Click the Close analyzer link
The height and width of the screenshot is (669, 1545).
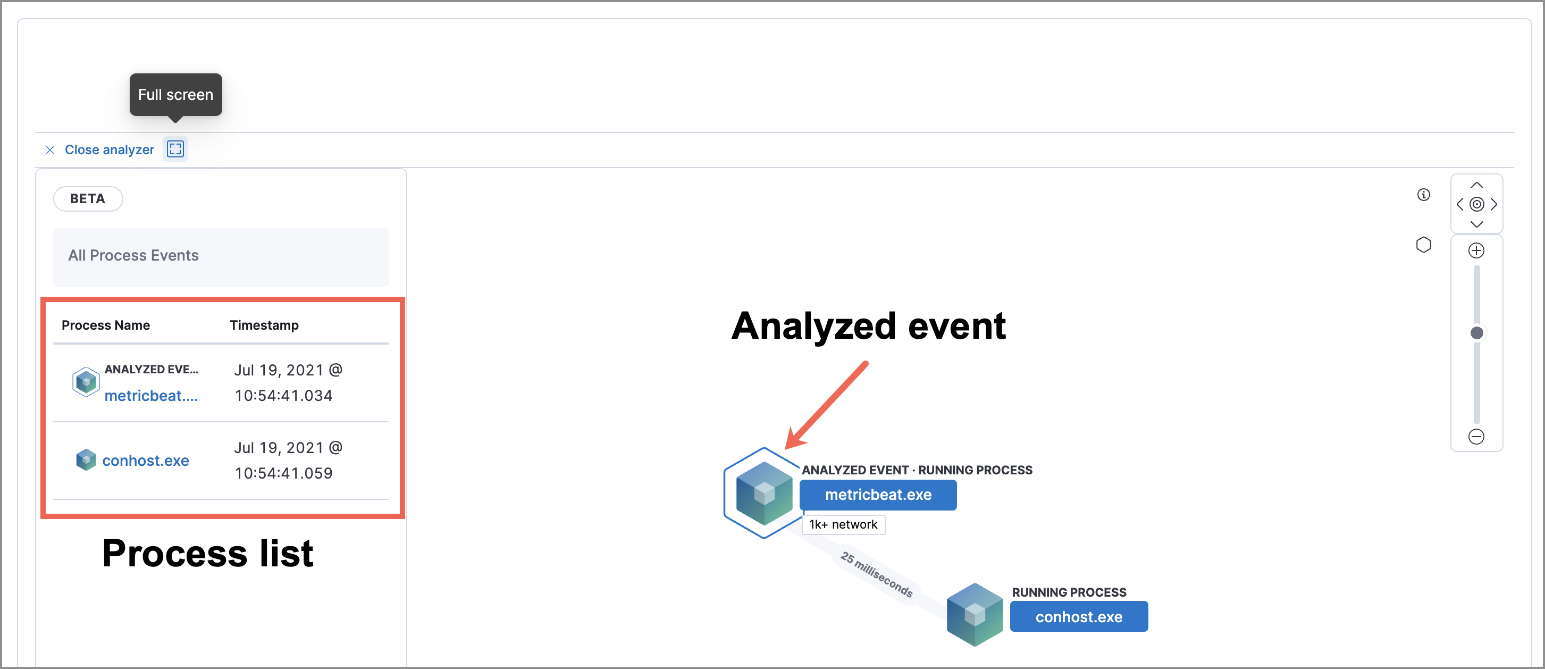(108, 150)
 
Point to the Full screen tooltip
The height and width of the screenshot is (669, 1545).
(175, 95)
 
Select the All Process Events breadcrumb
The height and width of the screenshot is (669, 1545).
(133, 256)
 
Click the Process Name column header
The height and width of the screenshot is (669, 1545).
(106, 325)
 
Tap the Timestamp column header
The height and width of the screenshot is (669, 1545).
(264, 325)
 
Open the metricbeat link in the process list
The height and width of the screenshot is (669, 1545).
(150, 396)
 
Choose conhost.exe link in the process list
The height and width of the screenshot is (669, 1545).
(145, 461)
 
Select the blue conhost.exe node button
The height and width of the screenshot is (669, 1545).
(1078, 617)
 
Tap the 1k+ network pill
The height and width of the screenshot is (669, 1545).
(843, 525)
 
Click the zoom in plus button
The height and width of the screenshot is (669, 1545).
(1476, 251)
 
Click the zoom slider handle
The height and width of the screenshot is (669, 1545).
(1476, 333)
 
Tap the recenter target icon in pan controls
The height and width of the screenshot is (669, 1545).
(1476, 205)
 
